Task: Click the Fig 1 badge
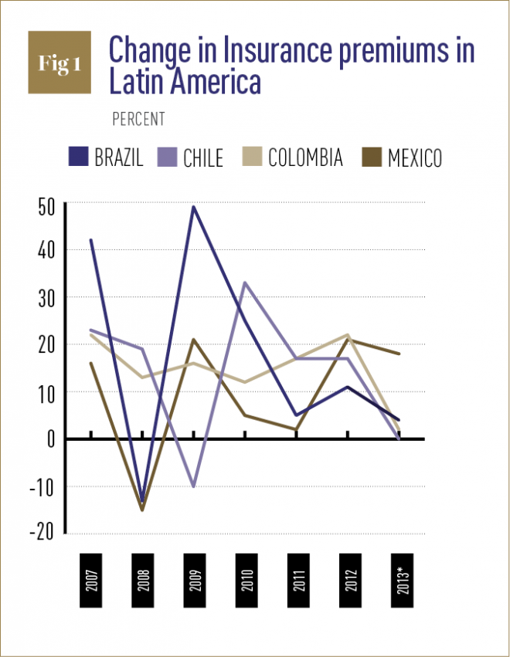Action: [59, 63]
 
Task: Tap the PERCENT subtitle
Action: [138, 120]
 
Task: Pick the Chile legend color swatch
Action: [167, 158]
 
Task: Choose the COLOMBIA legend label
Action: [305, 158]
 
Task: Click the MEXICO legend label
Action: [415, 158]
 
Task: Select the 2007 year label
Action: [91, 579]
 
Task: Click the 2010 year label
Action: [245, 579]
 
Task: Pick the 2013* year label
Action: [399, 579]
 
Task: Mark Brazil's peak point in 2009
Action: [193, 206]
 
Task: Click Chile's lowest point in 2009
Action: [193, 487]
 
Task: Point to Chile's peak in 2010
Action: [245, 283]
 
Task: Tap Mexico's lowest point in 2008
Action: [142, 510]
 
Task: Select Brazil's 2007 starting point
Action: [91, 240]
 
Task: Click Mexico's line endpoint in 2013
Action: [399, 354]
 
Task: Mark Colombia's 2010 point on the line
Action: [245, 382]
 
